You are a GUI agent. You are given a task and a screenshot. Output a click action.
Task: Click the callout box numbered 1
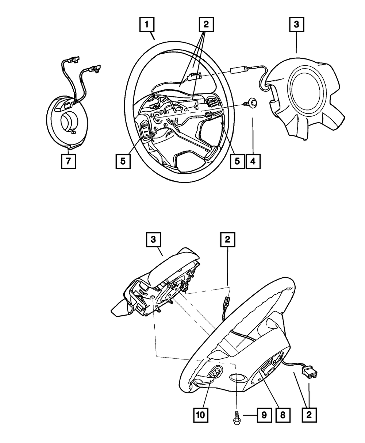[x=147, y=25]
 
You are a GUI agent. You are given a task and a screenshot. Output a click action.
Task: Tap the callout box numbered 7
[x=68, y=161]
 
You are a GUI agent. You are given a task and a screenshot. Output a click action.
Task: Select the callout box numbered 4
[x=253, y=161]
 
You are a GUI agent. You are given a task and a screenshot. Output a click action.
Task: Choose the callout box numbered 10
[x=201, y=415]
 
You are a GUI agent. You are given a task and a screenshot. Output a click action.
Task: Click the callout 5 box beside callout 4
[x=237, y=161]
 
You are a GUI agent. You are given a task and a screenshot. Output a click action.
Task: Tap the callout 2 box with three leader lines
[x=206, y=25]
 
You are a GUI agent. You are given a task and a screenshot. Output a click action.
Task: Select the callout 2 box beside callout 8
[x=309, y=415]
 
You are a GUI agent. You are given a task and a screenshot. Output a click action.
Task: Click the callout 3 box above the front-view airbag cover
[x=296, y=25]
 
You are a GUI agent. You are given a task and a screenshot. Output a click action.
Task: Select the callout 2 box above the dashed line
[x=227, y=240]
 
